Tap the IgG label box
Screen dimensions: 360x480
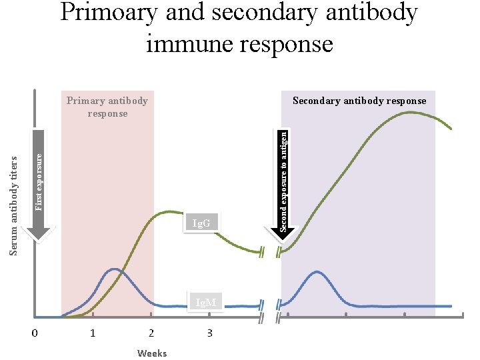pos(201,223)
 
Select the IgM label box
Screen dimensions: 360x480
pos(206,303)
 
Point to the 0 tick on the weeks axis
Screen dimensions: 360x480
pos(35,333)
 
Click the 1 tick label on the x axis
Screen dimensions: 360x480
pos(93,333)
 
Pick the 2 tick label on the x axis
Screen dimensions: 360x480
pos(151,333)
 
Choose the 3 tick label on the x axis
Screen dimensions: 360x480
pos(209,333)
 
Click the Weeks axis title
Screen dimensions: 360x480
pos(151,353)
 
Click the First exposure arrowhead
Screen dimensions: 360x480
pos(39,233)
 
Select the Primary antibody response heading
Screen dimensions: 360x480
pos(107,107)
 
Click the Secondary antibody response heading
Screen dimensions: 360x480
pos(359,101)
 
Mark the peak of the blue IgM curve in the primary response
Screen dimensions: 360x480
pos(115,269)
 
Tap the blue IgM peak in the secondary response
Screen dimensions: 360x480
pos(317,271)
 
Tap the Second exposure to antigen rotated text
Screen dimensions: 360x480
pos(284,181)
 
